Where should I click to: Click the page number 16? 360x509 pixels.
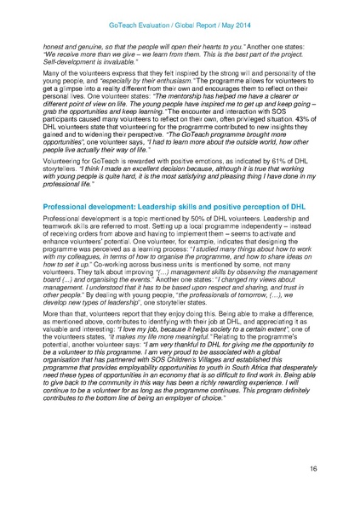click(337, 467)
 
